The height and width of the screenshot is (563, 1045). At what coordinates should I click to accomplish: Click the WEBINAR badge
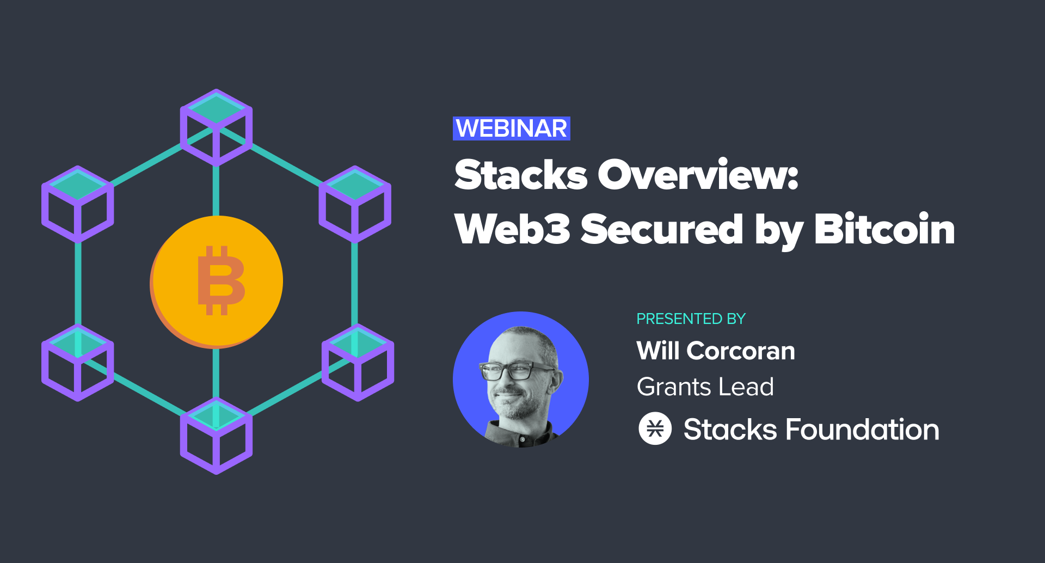click(512, 128)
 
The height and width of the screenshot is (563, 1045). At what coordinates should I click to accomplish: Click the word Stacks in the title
click(521, 175)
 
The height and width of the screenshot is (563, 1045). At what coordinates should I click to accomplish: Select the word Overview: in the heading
click(698, 175)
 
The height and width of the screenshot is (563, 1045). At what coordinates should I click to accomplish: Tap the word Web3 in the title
click(512, 229)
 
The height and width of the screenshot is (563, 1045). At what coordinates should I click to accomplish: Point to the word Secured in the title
click(662, 229)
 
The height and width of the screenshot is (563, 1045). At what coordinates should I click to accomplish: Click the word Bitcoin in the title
click(885, 229)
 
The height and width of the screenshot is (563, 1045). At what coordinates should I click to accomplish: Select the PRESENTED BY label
click(691, 319)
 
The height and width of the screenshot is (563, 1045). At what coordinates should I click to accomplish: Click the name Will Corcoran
click(716, 351)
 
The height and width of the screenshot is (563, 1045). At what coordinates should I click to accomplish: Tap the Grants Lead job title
click(705, 387)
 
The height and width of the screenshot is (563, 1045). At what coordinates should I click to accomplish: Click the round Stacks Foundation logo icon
click(655, 429)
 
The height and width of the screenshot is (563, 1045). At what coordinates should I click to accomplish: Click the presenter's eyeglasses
click(518, 371)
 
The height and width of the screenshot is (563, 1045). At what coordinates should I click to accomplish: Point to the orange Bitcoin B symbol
click(220, 280)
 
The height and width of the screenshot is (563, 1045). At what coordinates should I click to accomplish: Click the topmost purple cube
click(216, 127)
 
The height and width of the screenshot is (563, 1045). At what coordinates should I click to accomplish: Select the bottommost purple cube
click(216, 436)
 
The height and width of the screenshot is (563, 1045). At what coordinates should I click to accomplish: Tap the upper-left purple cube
click(78, 204)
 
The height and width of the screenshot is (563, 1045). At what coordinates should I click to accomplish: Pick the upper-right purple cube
click(355, 204)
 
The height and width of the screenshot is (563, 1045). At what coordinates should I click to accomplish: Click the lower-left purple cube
click(78, 363)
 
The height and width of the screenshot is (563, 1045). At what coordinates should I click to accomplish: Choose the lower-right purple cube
click(358, 363)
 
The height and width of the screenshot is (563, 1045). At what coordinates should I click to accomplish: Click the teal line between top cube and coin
click(216, 191)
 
